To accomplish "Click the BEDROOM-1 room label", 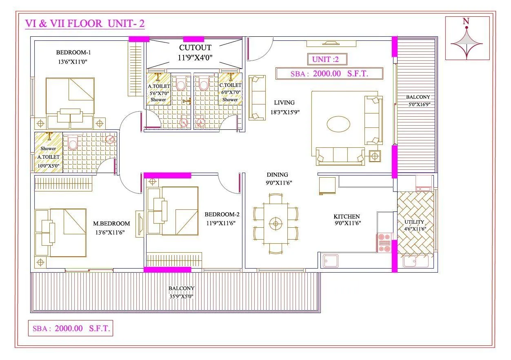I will pos(73,52).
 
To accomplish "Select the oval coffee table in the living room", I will pos(338,123).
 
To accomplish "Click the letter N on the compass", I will pos(466,21).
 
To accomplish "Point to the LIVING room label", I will pos(284,103).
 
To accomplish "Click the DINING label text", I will pos(278,175).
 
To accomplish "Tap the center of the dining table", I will pos(275,224).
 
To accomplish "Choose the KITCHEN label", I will pos(347,216).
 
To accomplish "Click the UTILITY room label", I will pos(414,222).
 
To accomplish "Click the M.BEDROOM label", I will pos(111,223).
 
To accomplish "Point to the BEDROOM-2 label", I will pos(222,214).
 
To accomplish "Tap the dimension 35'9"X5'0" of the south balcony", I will pos(181,296).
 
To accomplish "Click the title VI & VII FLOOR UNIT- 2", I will pos(85,24).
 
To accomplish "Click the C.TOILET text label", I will pos(230,86).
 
